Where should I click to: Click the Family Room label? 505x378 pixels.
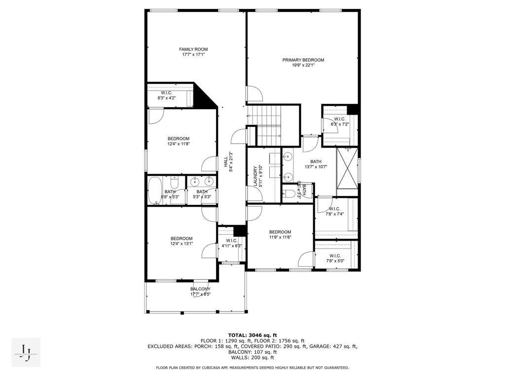tap(193, 49)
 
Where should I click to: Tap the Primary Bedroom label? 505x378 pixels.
tap(303, 60)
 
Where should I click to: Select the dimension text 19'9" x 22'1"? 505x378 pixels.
tap(303, 65)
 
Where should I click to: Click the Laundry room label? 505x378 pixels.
tap(255, 175)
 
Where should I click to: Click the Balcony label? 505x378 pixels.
tap(200, 289)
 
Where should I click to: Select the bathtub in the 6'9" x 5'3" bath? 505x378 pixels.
tap(155, 191)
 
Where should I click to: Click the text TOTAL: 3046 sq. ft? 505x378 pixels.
tap(252, 335)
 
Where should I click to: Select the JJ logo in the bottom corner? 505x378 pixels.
tap(26, 353)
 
